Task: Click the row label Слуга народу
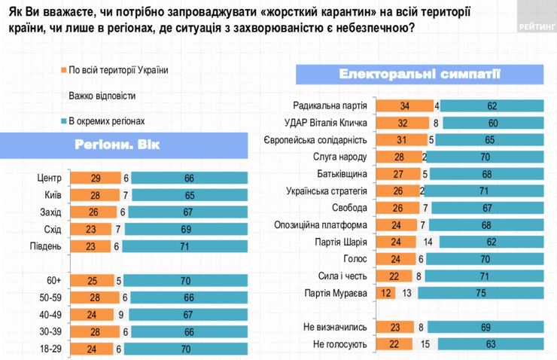(339, 157)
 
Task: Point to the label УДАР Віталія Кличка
(326, 123)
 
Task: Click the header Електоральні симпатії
(399, 75)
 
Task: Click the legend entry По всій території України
(117, 71)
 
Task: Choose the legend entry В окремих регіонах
(105, 121)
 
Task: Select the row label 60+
(52, 280)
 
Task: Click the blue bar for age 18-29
(184, 348)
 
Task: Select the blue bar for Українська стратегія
(481, 191)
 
